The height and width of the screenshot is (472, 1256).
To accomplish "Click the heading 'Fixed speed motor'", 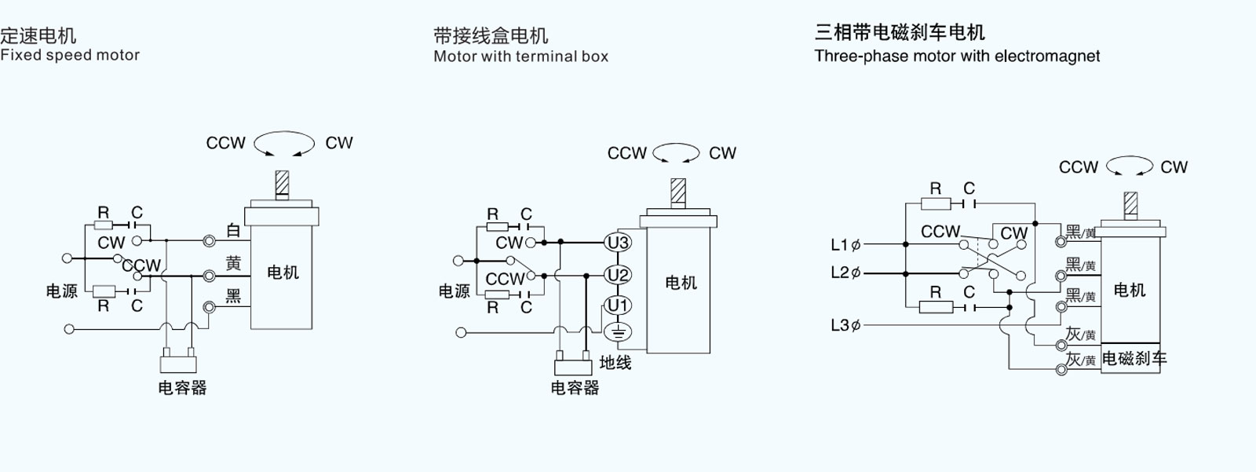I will point(70,55).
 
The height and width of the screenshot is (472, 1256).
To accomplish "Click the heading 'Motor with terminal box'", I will point(520,57).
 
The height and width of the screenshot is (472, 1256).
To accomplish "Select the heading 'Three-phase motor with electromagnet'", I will point(957,57).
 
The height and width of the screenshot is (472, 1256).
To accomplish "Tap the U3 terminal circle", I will point(618,243).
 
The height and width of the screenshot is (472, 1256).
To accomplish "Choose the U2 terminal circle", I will point(618,275).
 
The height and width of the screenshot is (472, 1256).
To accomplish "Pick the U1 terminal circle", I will point(618,306).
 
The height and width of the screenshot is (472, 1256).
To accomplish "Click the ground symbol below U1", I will point(618,332).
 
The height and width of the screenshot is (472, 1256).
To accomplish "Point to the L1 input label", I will point(840,244).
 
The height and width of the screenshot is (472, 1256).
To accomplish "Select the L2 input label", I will point(840,273).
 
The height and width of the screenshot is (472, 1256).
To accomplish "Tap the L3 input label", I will point(840,324).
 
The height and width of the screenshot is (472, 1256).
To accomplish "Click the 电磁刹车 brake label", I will point(1134,359).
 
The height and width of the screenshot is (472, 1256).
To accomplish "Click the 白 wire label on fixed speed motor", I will point(233,230).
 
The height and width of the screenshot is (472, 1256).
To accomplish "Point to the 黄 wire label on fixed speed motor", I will point(233,264).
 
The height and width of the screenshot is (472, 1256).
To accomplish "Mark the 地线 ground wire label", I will point(615,363).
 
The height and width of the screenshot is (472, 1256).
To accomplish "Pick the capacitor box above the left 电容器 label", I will point(178,364).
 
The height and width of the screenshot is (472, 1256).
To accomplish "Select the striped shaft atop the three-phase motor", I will point(1130,204).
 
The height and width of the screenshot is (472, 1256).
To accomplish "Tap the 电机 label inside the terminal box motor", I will point(681,283).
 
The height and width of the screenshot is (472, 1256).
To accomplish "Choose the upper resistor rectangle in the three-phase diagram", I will point(935,204).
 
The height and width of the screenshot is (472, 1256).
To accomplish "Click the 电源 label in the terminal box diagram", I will point(454,291).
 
